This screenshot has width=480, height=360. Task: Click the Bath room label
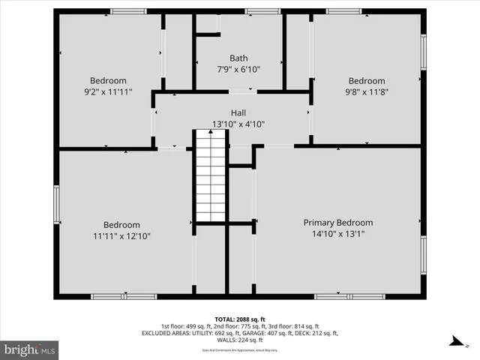tap(238, 58)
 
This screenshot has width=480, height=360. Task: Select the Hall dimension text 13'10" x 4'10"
tap(238, 124)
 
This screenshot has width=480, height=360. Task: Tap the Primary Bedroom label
tap(337, 223)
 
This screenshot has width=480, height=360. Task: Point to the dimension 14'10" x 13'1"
tap(337, 235)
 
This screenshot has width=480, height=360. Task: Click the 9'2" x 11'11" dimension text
tap(108, 93)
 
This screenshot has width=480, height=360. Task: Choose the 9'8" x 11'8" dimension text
tap(367, 93)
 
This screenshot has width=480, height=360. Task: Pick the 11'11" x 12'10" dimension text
tap(121, 237)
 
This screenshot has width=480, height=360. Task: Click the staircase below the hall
tap(211, 176)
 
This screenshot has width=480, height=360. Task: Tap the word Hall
tap(238, 112)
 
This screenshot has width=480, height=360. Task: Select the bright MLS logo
tap(30, 349)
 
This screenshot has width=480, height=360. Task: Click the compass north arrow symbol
tap(455, 341)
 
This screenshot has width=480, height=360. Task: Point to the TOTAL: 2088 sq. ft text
tap(240, 319)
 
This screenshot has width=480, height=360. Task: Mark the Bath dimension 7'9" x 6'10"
tap(238, 70)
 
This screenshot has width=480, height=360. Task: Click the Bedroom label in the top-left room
tap(108, 81)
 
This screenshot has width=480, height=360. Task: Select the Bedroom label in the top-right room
tap(367, 81)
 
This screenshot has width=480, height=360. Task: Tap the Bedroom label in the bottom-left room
tap(121, 225)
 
